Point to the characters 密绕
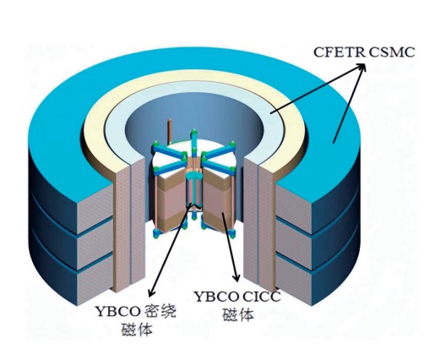(160, 312)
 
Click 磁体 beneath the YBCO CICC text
(238, 315)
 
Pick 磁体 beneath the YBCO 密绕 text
(137, 330)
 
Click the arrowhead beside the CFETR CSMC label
(361, 67)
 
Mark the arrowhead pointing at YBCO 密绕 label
(151, 292)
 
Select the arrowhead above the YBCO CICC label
(236, 277)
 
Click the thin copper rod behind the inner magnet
(170, 132)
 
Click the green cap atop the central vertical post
(193, 132)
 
